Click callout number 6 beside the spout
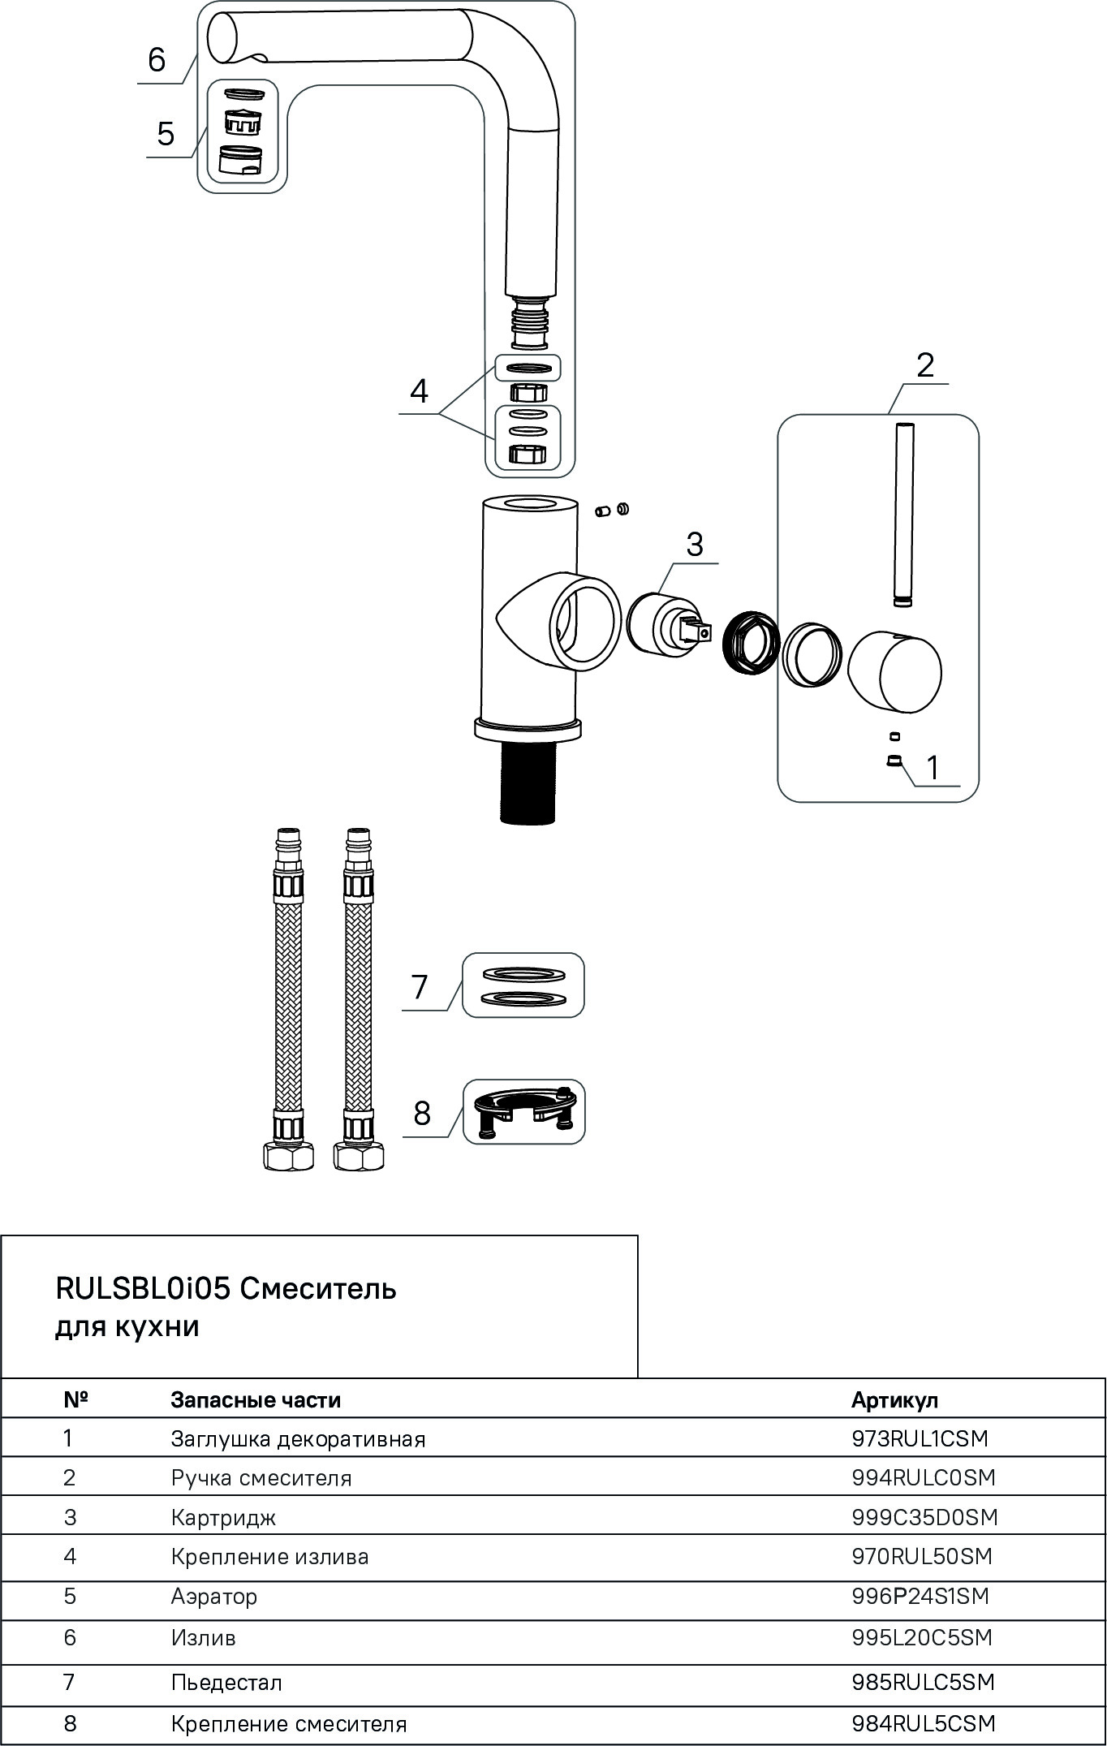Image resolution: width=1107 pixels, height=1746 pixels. click(157, 60)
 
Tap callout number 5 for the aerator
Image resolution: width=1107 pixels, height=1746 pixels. click(166, 133)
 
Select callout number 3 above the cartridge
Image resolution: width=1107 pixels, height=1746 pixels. click(695, 544)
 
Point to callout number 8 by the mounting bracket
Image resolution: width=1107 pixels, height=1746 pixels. click(422, 1114)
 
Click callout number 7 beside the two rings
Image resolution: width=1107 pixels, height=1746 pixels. click(420, 987)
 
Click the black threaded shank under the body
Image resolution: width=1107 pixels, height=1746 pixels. click(528, 782)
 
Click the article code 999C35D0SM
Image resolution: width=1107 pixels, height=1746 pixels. click(924, 1517)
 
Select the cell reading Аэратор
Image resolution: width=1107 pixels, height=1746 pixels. click(214, 1597)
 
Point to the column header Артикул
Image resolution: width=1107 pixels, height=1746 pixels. click(894, 1399)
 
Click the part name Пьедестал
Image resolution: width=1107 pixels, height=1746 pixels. click(226, 1683)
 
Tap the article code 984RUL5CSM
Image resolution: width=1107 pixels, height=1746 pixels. click(924, 1723)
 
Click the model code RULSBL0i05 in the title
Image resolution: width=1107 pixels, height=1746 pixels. click(143, 1288)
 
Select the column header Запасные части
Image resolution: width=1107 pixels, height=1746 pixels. click(256, 1399)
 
